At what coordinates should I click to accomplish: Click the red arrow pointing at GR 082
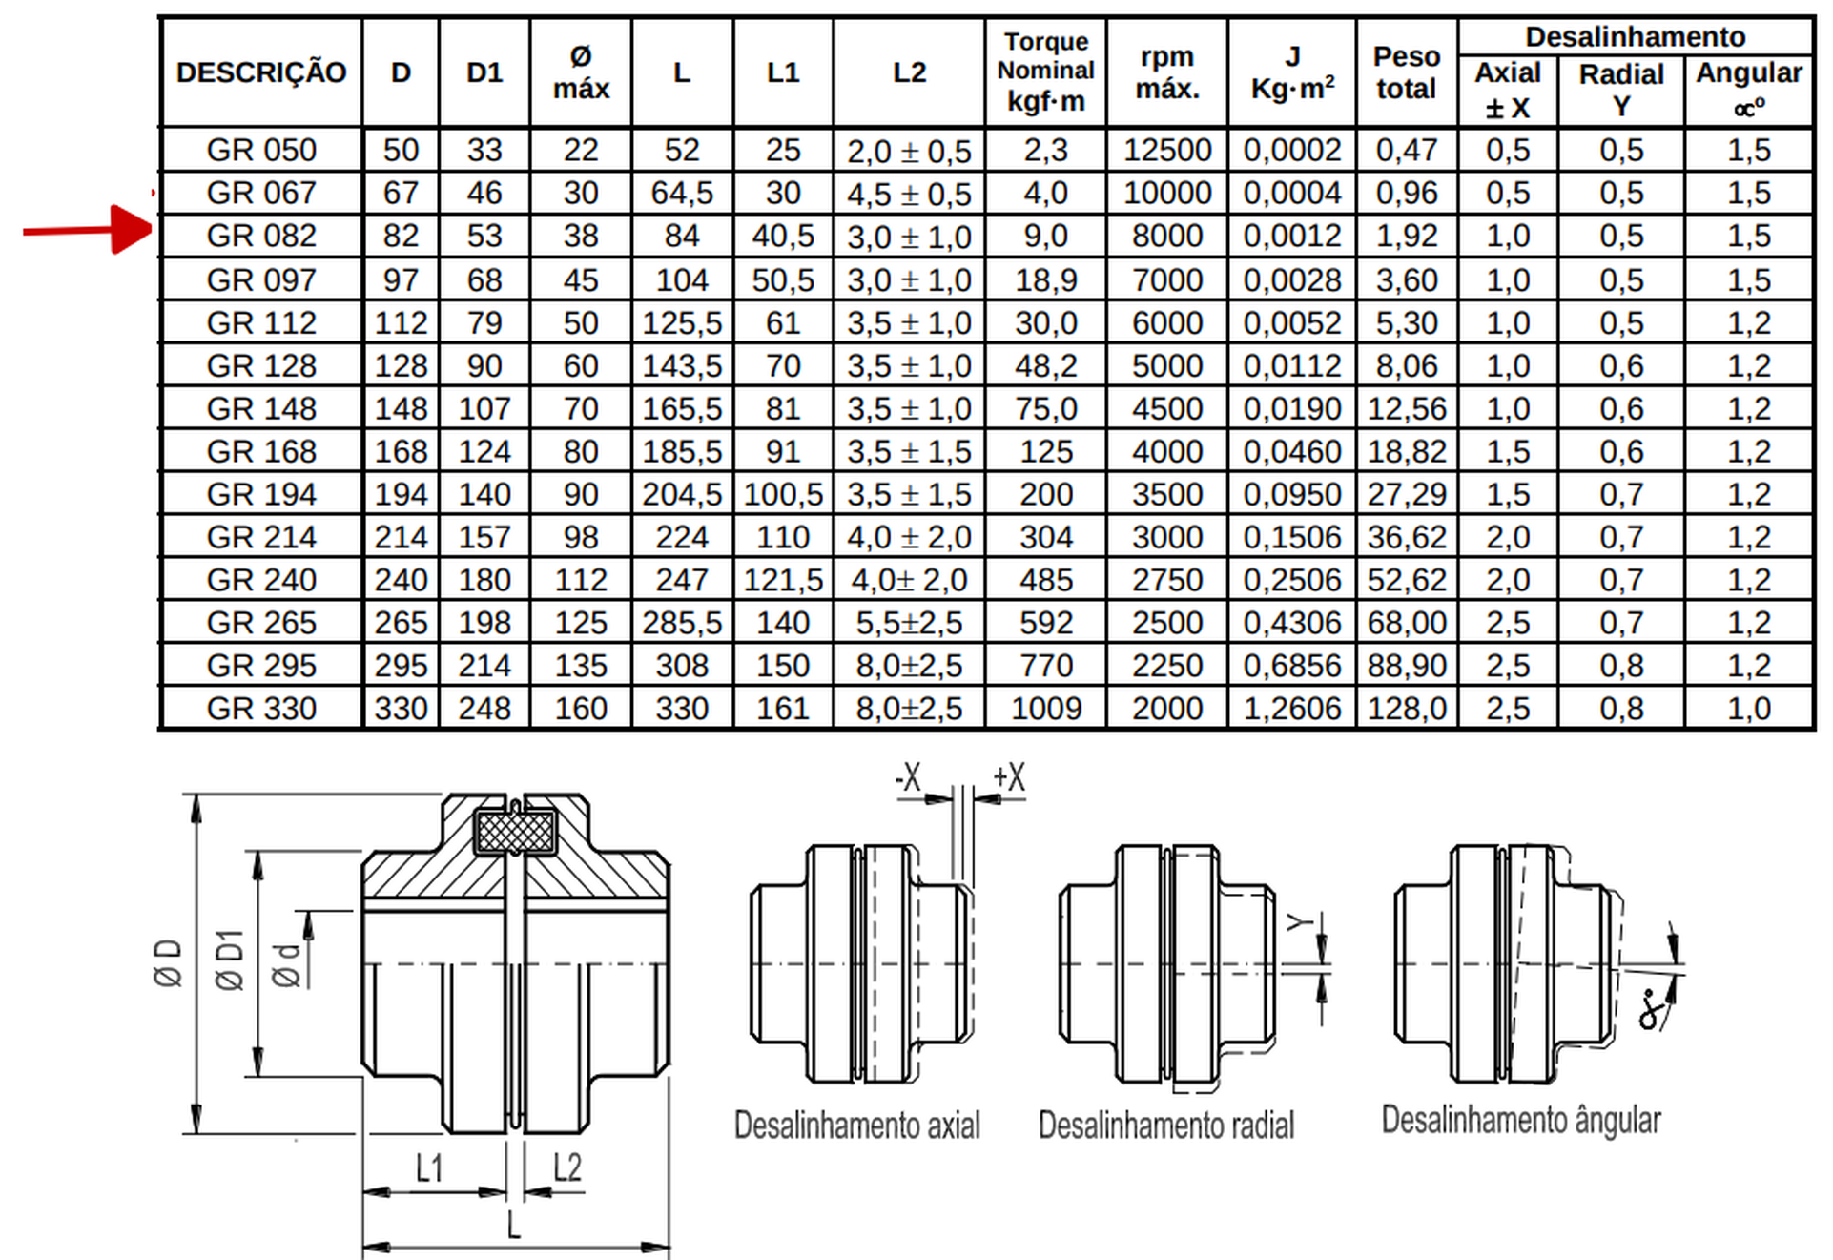pyautogui.click(x=88, y=230)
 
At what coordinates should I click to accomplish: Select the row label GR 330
pyautogui.click(x=261, y=709)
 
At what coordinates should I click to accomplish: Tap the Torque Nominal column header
pyautogui.click(x=1045, y=72)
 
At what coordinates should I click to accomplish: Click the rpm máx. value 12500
pyautogui.click(x=1166, y=150)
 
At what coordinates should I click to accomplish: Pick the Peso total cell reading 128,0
pyautogui.click(x=1407, y=709)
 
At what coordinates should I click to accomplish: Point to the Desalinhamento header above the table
pyautogui.click(x=1635, y=37)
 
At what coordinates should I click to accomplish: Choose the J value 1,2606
pyautogui.click(x=1291, y=709)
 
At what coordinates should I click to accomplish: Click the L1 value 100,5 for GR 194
pyautogui.click(x=783, y=494)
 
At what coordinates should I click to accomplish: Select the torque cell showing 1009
pyautogui.click(x=1045, y=709)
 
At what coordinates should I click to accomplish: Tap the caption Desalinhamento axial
pyautogui.click(x=856, y=1126)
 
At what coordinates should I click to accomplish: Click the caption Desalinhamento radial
pyautogui.click(x=1165, y=1126)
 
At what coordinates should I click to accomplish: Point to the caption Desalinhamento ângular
pyautogui.click(x=1521, y=1120)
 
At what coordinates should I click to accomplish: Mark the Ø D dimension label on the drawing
pyautogui.click(x=168, y=962)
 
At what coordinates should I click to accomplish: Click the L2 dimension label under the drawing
pyautogui.click(x=566, y=1167)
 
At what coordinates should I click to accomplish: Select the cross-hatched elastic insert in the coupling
pyautogui.click(x=515, y=832)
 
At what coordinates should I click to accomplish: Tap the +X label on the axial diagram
pyautogui.click(x=1009, y=777)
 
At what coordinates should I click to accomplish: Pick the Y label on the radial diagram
pyautogui.click(x=1299, y=922)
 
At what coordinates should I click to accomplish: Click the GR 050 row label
pyautogui.click(x=261, y=150)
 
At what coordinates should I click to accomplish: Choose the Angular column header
pyautogui.click(x=1748, y=88)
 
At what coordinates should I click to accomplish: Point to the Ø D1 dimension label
pyautogui.click(x=230, y=960)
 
